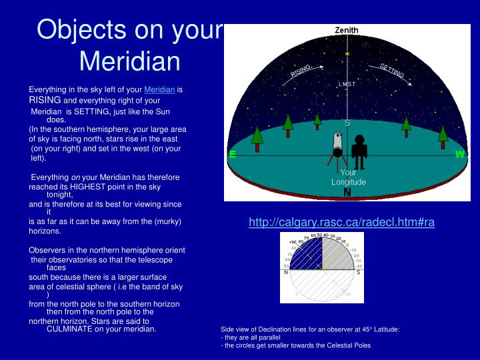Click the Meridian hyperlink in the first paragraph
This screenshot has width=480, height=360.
point(159,89)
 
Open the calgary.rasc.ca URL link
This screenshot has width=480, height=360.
point(341,223)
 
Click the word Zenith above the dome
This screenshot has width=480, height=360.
point(347,30)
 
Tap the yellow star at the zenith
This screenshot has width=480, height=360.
point(347,53)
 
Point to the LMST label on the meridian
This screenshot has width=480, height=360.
point(347,84)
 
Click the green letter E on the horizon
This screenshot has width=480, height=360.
point(232,154)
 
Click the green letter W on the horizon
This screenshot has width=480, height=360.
point(460,154)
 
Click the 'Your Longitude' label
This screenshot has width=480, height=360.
point(348,177)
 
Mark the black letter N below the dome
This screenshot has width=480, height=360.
point(347,193)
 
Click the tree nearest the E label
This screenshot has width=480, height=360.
point(257,136)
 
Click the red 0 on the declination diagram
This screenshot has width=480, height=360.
point(347,245)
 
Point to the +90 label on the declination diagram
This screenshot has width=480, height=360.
point(292,242)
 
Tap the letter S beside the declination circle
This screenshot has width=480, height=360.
point(358,272)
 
